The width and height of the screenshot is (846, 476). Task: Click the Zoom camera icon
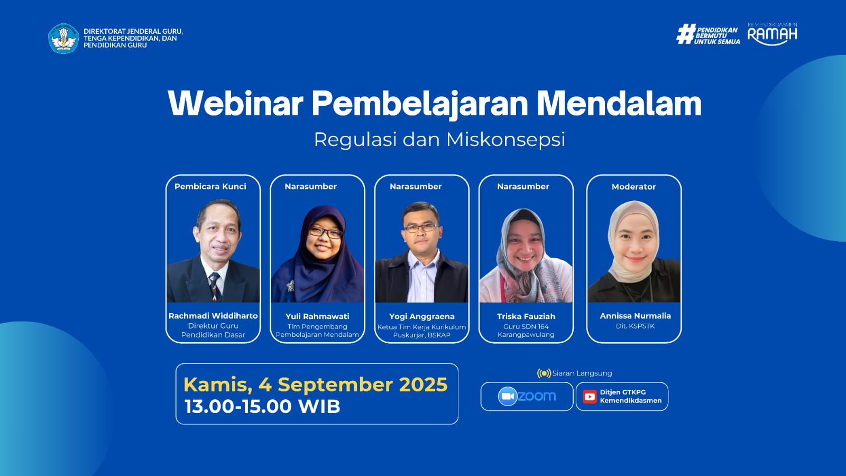point(508,396)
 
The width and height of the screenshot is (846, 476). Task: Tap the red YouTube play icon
point(590,397)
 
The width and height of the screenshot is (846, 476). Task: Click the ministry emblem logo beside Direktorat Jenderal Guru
point(63,38)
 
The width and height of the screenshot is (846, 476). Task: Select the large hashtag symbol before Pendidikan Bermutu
point(685,34)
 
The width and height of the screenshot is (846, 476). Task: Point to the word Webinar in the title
point(235,104)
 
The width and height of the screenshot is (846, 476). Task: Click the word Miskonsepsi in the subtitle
point(505,140)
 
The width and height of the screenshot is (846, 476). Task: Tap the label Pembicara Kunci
point(210,186)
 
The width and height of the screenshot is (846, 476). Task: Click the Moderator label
point(634,187)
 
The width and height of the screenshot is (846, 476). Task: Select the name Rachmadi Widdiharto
point(213,316)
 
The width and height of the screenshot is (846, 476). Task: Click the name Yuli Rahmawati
point(317,316)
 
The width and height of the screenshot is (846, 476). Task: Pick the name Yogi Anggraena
point(422,317)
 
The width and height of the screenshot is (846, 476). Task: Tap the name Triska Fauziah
point(526,316)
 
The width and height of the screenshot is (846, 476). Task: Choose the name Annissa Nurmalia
point(635,316)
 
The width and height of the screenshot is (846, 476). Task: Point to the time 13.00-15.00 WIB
point(262,407)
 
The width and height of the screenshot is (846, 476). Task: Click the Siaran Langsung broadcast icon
point(544,373)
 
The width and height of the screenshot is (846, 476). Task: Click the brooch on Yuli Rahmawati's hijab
point(290,286)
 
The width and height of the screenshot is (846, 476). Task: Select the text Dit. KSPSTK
point(635,326)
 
